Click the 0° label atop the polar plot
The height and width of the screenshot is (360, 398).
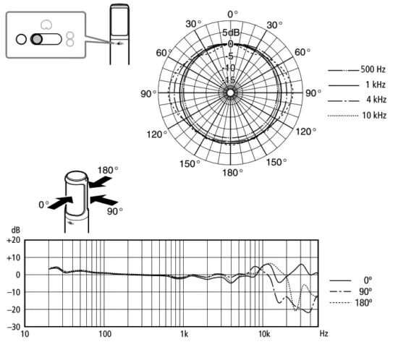point(232,14)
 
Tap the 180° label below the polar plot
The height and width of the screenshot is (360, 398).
point(232,173)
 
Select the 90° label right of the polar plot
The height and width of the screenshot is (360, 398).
point(312,93)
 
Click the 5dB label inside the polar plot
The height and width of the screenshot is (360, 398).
point(232,33)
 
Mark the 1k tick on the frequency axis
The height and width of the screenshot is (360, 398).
point(185,335)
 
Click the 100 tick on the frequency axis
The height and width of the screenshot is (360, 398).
point(105,335)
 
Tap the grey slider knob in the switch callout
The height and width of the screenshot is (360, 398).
point(37,39)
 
